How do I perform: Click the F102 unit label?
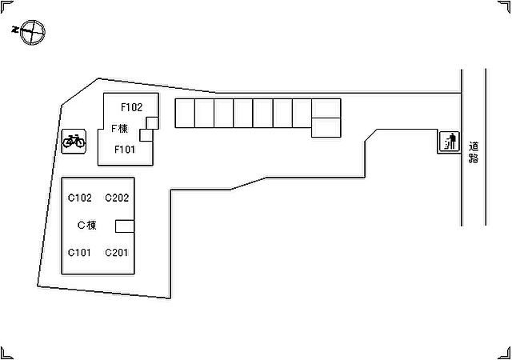[131, 107]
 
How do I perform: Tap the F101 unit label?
[125, 150]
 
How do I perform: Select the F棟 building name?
[119, 128]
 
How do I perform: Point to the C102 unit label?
[80, 198]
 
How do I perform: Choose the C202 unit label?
[117, 198]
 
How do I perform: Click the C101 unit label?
[79, 253]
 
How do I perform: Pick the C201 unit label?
[116, 253]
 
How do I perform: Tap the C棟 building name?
[87, 225]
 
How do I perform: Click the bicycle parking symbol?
[74, 141]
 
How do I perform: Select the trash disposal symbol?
[450, 142]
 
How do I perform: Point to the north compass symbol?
[32, 32]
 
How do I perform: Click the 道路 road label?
[474, 152]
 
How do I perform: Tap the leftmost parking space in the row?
[185, 113]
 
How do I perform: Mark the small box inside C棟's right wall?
[125, 226]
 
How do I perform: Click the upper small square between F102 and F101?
[152, 123]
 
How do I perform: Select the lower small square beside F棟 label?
[146, 135]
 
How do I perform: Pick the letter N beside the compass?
[14, 30]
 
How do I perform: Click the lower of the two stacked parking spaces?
[326, 127]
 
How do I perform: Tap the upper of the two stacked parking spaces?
[326, 108]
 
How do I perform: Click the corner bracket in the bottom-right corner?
[505, 353]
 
